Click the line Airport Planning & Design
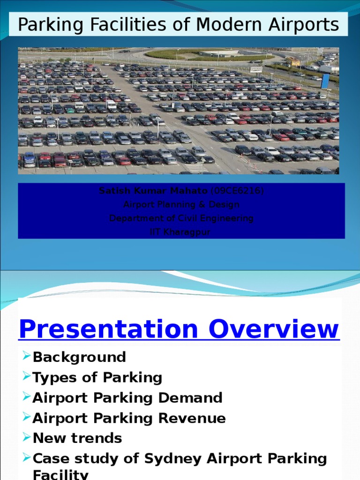coord(181,204)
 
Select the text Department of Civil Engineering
coord(181,218)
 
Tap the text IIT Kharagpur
coord(181,232)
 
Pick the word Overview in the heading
coord(274,329)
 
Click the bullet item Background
coord(79,357)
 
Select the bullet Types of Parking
coord(97,377)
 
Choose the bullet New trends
coord(77,438)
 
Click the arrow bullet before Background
coord(26,357)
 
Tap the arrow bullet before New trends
coord(26,438)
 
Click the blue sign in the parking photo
coord(325,80)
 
